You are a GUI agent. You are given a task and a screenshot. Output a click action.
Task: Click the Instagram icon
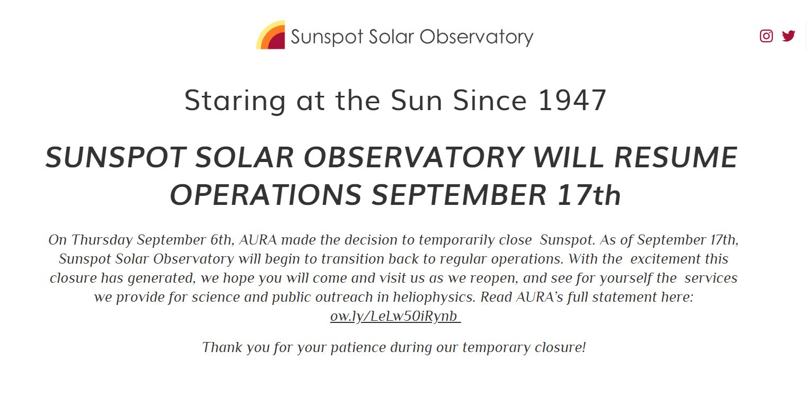point(766,36)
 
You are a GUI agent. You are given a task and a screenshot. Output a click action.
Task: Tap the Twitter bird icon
point(789,36)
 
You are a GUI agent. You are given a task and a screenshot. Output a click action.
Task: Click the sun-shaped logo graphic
point(270,35)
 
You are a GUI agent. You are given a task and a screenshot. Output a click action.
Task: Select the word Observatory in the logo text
point(477,37)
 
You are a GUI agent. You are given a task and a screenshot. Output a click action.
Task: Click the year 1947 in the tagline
point(572,100)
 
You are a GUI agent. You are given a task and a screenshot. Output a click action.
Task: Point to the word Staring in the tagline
point(235,101)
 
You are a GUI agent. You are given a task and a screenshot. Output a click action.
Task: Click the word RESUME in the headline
point(676,157)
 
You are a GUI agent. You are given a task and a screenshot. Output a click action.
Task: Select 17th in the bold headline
point(589,195)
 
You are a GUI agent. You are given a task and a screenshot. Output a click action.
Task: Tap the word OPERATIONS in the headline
point(266,195)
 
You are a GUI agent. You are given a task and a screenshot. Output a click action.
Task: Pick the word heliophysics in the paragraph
point(434,298)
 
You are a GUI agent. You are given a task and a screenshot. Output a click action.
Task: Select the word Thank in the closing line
point(222,347)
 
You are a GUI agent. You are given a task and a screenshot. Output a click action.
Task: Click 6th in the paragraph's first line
point(221,240)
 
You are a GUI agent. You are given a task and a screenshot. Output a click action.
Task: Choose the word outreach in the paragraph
point(344,297)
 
